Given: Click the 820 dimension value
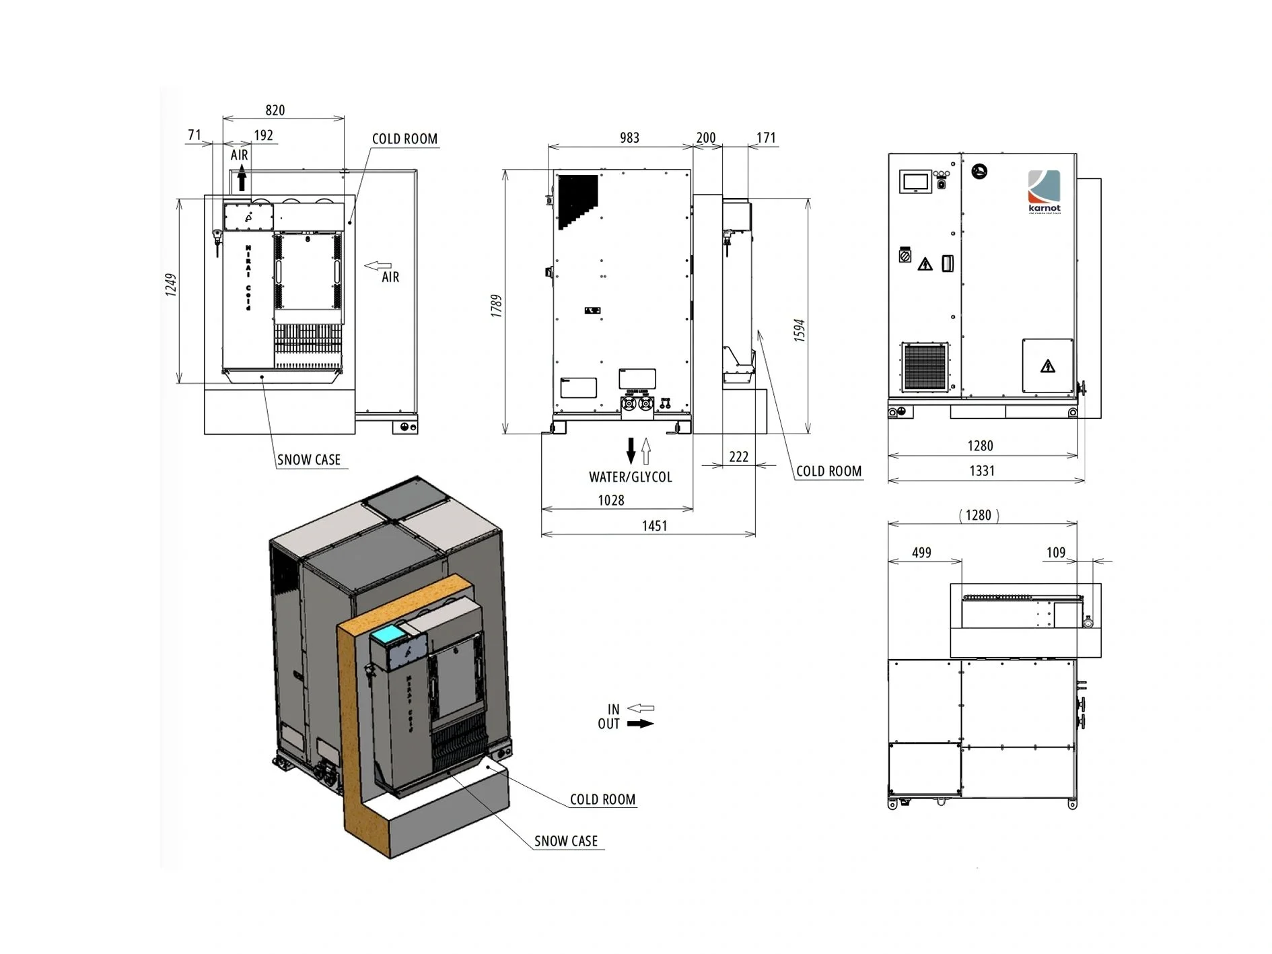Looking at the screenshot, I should point(275,110).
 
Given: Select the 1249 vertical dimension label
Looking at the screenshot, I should point(171,285).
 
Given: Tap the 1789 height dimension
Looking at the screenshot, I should point(496,306).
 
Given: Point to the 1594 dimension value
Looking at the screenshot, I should point(800,331).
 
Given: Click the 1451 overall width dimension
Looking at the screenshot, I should point(654,526).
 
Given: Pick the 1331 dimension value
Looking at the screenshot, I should point(981,471).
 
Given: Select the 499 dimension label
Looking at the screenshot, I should point(921,552).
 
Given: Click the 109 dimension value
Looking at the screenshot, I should point(1055,552).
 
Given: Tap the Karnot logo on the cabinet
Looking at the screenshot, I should point(1044,191).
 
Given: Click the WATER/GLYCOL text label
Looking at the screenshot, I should point(631,477).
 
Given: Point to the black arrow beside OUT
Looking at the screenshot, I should point(640,724).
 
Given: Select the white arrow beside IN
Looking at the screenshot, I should point(640,708).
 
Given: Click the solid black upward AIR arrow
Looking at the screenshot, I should point(242,180).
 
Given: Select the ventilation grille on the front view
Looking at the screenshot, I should point(925,367).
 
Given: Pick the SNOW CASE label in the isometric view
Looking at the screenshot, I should point(565,841).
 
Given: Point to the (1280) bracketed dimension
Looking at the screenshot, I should point(979,515).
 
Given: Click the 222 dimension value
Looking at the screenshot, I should point(738,456).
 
